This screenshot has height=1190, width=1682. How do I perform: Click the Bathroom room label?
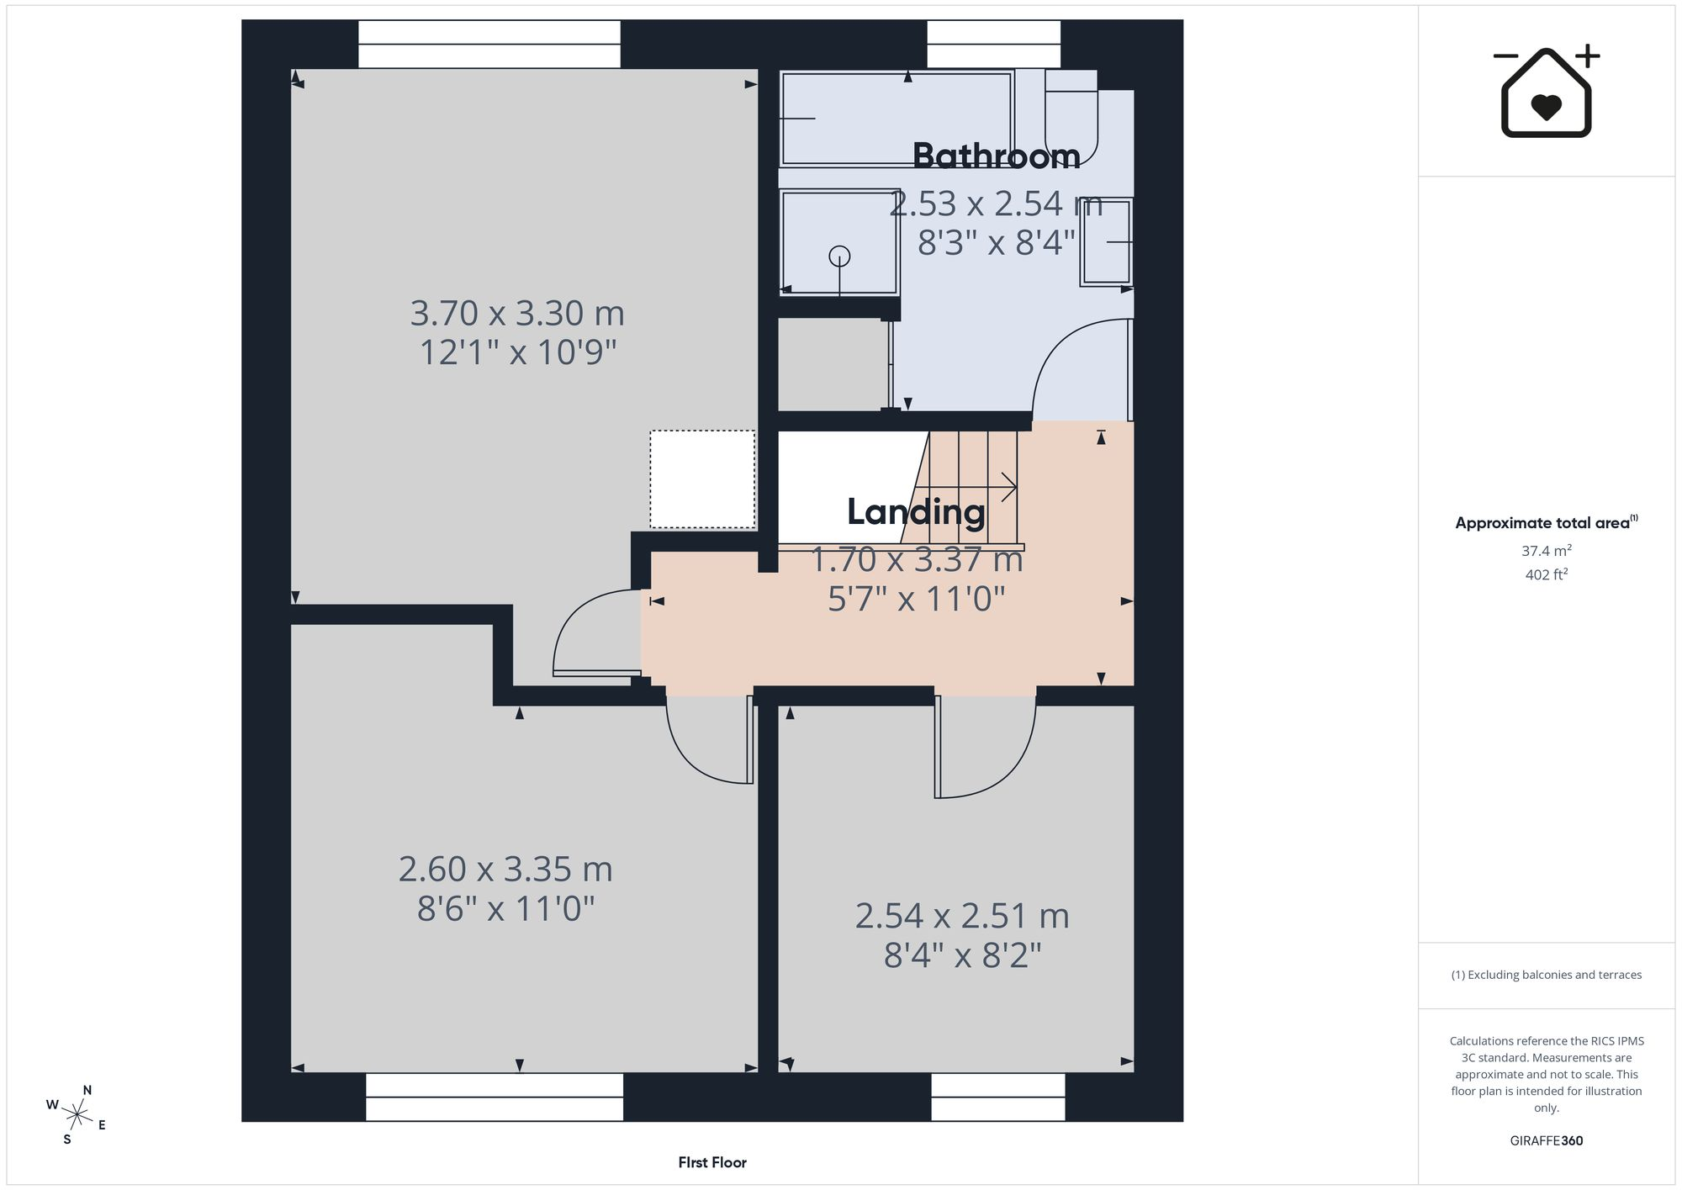point(997,156)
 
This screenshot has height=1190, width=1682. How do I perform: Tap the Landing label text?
point(916,512)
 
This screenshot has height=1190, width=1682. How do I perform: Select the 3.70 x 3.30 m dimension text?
point(517,314)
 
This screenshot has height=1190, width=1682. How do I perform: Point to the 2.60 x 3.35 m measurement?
point(505,870)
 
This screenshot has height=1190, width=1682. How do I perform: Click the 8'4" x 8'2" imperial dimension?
point(962,955)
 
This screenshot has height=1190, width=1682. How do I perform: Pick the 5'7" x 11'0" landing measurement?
point(917,599)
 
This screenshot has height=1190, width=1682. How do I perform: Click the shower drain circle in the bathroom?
point(839,256)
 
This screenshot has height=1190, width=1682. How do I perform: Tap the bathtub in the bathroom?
point(897,119)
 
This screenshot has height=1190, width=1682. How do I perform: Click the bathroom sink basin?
point(1107,242)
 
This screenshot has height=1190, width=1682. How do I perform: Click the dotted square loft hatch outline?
point(702,479)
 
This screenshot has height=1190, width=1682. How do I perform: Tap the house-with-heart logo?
point(1546,92)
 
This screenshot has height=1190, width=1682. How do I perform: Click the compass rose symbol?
point(77,1115)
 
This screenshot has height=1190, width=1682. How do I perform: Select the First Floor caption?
point(712,1162)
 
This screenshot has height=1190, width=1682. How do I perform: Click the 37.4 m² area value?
point(1546,551)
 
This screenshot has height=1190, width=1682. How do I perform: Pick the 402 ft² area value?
point(1546,574)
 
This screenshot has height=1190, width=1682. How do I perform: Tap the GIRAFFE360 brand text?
point(1546,1140)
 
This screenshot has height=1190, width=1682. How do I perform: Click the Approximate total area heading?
point(1546,522)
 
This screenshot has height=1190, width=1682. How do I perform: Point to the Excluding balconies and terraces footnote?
point(1546,975)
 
